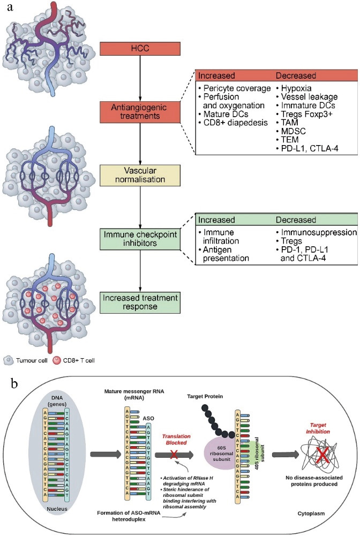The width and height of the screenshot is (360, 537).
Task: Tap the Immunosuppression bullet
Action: pos(316,232)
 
